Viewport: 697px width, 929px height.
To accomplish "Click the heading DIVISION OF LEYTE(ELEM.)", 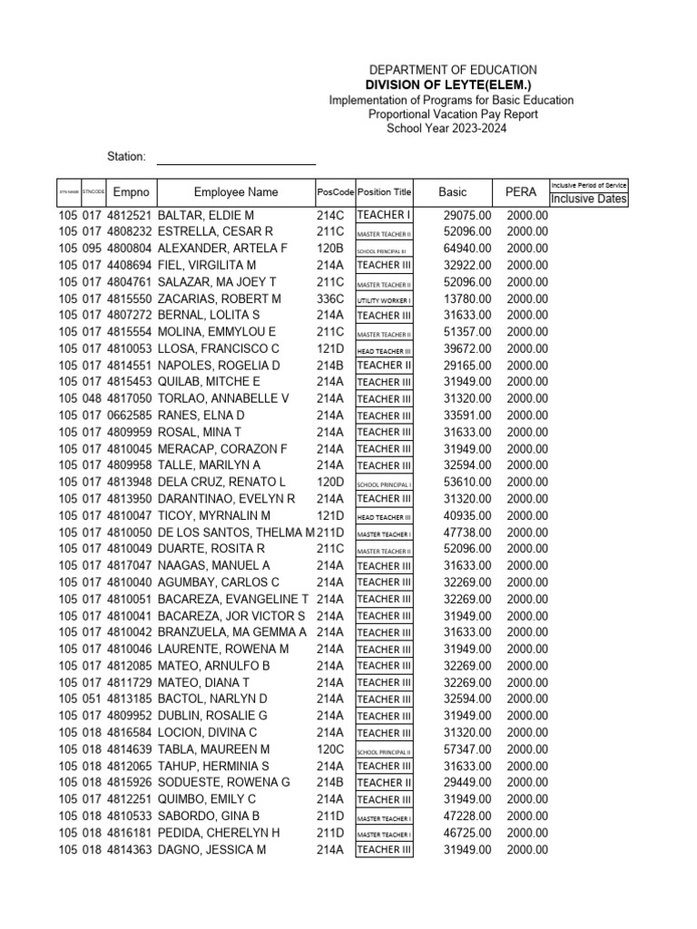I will tap(452, 85).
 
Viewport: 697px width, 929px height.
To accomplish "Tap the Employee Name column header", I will tap(236, 192).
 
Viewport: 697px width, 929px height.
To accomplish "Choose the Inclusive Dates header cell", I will tap(589, 199).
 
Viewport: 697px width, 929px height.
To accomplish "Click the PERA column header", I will tap(521, 192).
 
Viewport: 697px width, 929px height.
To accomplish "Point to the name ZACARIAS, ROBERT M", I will tap(220, 298).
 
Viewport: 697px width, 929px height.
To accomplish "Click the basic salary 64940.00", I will tap(467, 249).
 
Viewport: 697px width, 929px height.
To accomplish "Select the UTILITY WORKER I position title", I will tap(384, 299).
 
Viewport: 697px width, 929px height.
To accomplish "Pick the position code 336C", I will tap(330, 298).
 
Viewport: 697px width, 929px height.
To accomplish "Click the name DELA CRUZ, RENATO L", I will tap(221, 482).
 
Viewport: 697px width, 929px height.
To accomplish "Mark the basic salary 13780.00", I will tap(467, 298).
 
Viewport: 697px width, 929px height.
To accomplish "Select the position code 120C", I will tap(330, 749).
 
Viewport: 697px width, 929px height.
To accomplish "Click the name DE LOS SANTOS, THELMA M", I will tap(236, 532).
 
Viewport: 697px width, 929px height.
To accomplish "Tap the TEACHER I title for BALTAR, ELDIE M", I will tap(384, 215).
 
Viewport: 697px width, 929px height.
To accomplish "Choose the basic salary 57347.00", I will tap(467, 749).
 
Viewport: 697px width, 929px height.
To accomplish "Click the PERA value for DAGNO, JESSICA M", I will tap(527, 850).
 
